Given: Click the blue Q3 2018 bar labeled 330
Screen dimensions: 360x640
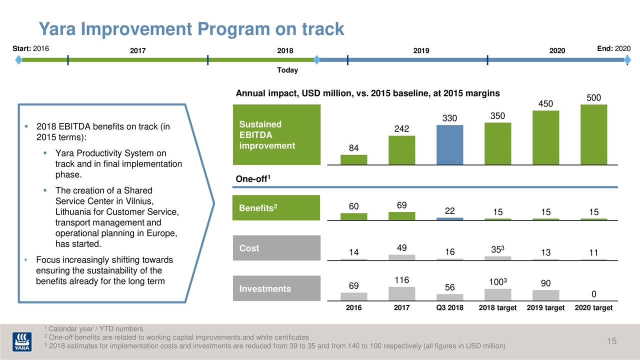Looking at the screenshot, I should [x=449, y=144].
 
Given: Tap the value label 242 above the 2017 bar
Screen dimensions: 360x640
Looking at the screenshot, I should [x=402, y=129].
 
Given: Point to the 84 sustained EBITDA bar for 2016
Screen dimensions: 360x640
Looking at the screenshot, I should [x=353, y=159].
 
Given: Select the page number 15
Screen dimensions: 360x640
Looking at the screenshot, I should [x=611, y=341].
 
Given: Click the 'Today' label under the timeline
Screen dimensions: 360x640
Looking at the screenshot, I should [x=287, y=70].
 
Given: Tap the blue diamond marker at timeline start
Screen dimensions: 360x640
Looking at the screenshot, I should [x=18, y=60].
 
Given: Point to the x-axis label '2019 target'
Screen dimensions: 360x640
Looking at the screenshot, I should [x=545, y=308].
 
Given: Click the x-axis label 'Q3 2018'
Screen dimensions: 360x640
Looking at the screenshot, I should [x=449, y=308].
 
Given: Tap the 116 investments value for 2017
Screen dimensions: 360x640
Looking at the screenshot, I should [x=402, y=280].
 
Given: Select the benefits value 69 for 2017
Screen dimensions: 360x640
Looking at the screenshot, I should [x=402, y=205].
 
